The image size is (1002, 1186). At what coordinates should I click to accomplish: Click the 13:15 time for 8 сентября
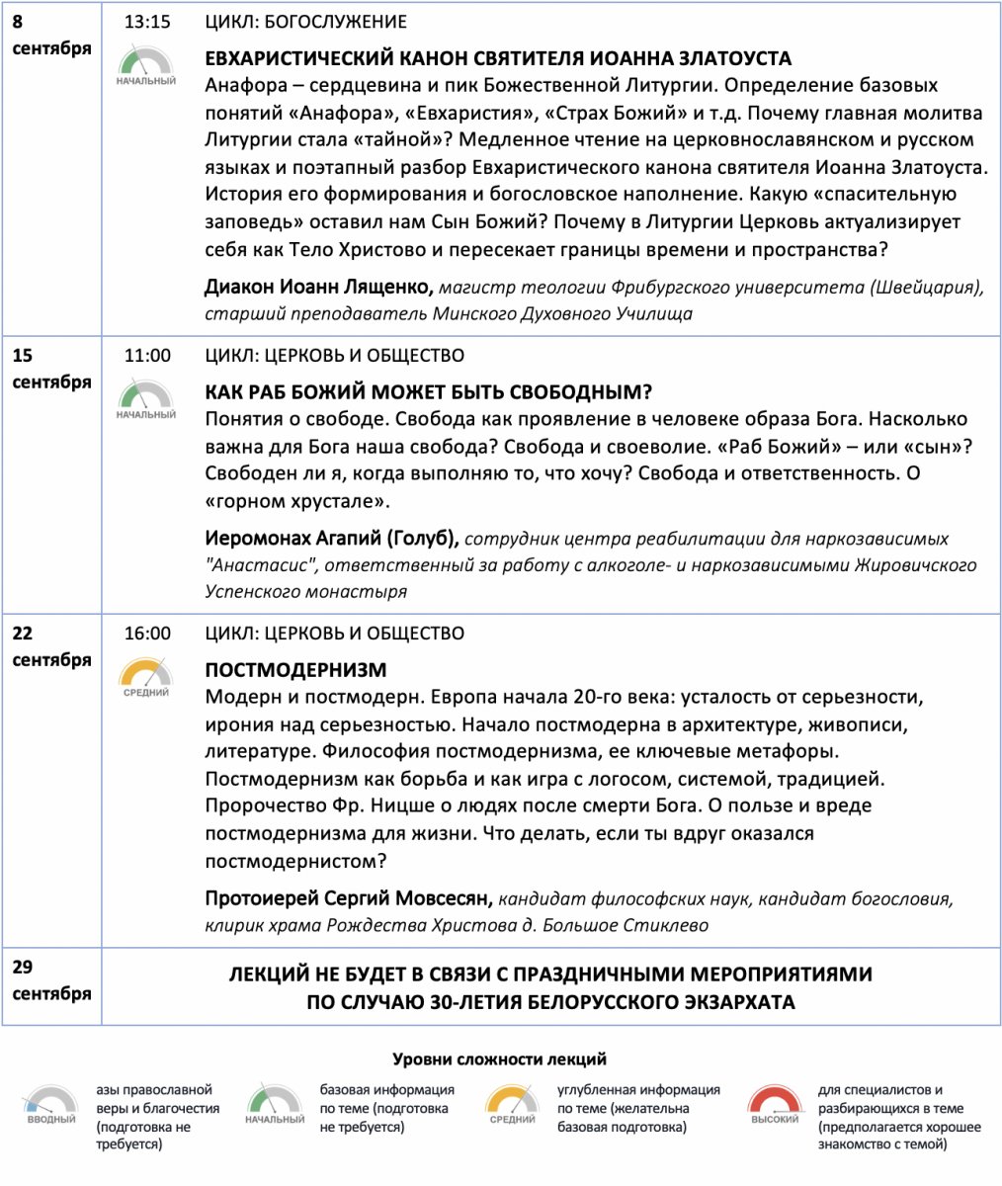click(x=147, y=23)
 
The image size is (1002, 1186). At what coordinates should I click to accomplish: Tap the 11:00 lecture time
click(x=147, y=356)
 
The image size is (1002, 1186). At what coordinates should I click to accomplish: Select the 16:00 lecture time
click(x=147, y=634)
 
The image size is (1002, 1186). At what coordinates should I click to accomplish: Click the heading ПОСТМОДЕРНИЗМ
click(x=295, y=670)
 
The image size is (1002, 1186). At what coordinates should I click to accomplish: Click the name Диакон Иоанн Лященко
click(x=318, y=288)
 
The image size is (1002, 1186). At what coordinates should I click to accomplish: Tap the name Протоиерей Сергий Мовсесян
click(x=348, y=899)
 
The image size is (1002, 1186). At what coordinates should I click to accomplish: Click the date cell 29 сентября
click(x=51, y=980)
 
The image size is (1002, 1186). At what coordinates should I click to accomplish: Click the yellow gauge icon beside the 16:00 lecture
click(x=146, y=676)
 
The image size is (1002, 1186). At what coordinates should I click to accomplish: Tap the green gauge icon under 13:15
click(x=146, y=65)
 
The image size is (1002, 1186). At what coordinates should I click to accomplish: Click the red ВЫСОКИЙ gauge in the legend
click(x=775, y=1105)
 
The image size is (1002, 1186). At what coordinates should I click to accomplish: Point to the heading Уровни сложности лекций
click(x=499, y=1059)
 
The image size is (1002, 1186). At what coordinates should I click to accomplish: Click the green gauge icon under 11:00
click(x=146, y=398)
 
